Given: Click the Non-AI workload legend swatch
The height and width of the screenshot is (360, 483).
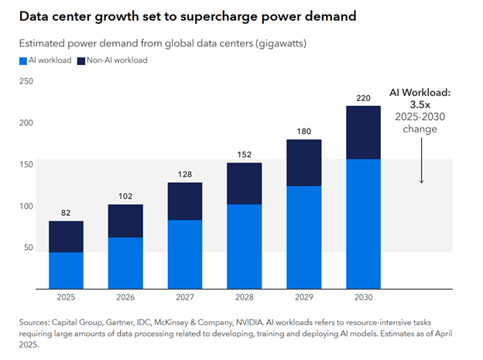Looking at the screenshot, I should point(81,60).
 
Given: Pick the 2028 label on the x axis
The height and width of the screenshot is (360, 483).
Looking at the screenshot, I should point(244,297).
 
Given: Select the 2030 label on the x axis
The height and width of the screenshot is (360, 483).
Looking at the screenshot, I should point(362,297).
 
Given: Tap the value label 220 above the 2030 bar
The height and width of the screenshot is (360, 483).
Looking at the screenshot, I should point(362,98).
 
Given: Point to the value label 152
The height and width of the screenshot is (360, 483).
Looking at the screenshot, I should point(244,155).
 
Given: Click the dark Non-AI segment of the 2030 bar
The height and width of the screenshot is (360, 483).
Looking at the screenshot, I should point(362,132).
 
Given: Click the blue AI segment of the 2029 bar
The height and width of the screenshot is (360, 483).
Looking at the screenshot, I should point(303,237).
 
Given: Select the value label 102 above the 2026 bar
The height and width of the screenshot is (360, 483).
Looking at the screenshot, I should point(126,197).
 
